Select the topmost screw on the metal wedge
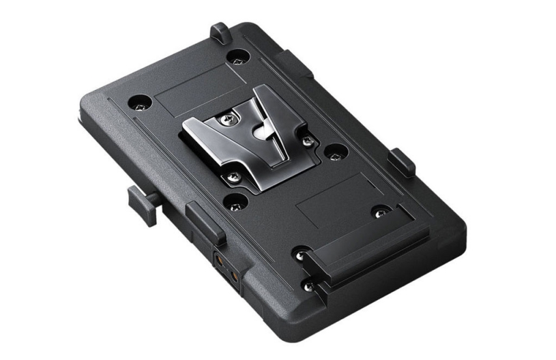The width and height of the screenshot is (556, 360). (224, 120)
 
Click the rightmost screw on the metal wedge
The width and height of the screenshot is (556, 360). (308, 141)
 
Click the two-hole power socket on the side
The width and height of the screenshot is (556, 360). (225, 269)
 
